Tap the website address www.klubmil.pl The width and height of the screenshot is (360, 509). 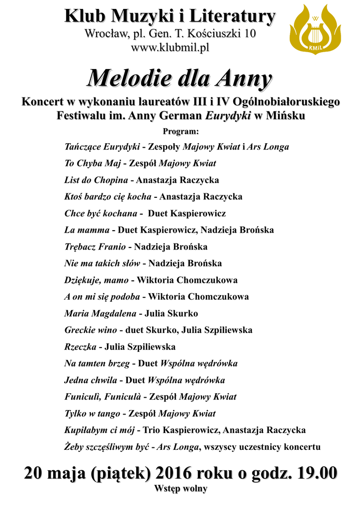click(170, 48)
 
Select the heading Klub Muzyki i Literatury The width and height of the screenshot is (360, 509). click(170, 17)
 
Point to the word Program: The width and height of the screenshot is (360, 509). click(180, 132)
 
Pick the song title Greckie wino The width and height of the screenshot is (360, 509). click(90, 330)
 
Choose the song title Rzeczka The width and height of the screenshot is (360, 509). click(80, 347)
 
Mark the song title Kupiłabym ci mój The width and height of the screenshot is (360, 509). click(100, 430)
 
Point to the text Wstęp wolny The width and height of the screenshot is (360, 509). click(180, 488)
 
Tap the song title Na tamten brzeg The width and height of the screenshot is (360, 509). click(97, 364)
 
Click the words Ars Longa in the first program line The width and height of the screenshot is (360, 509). click(269, 147)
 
